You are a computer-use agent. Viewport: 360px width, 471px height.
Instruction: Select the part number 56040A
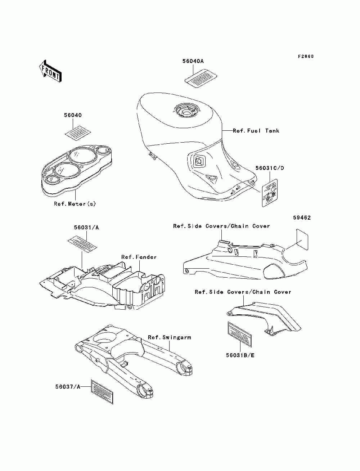coord(193,62)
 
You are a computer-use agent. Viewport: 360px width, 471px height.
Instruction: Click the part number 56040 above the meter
coord(73,116)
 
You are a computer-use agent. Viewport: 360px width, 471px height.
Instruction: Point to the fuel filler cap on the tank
coord(186,111)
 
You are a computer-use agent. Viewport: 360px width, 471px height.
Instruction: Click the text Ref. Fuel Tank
coord(256,131)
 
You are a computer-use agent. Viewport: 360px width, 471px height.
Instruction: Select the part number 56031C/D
coord(270,168)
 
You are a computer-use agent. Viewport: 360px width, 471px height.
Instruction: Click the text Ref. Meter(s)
coord(75,204)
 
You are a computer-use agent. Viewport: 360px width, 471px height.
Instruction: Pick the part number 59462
coord(302,218)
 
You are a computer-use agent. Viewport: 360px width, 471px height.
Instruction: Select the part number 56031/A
coord(86,228)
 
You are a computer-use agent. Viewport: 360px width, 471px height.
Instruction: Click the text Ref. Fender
coord(139,257)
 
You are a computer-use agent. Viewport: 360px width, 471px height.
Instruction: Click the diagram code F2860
coord(306,57)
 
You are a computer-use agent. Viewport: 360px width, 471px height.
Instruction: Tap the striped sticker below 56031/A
coord(83,244)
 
